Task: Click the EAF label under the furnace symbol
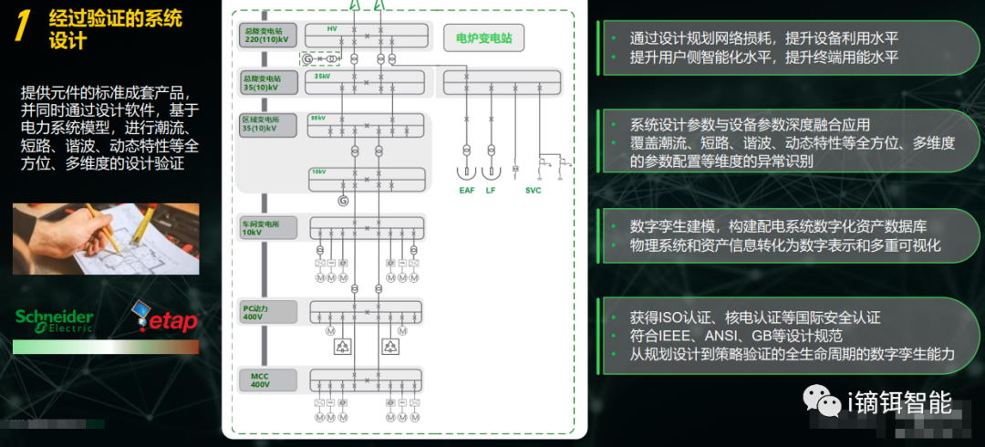[467, 190]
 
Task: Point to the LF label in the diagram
[491, 190]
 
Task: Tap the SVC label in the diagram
[533, 190]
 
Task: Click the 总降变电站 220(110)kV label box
[268, 36]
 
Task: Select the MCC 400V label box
[268, 379]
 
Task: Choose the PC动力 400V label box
[268, 311]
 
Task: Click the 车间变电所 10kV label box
[268, 227]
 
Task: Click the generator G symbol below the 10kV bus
[343, 200]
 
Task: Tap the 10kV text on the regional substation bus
[318, 172]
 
